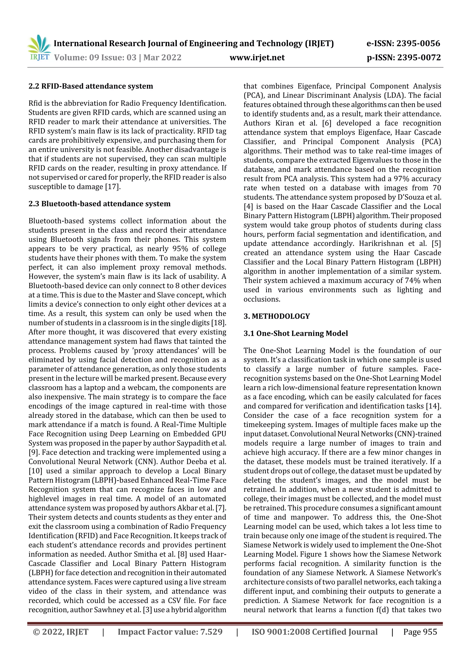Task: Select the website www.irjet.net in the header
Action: [x=257, y=57]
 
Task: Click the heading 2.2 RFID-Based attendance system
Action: [x=91, y=86]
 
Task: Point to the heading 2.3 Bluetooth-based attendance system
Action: [x=99, y=204]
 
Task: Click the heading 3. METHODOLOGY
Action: [x=277, y=316]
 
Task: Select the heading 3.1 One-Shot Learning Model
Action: [x=295, y=333]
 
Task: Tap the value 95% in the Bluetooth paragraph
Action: [x=180, y=249]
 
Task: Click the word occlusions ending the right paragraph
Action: [x=261, y=299]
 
